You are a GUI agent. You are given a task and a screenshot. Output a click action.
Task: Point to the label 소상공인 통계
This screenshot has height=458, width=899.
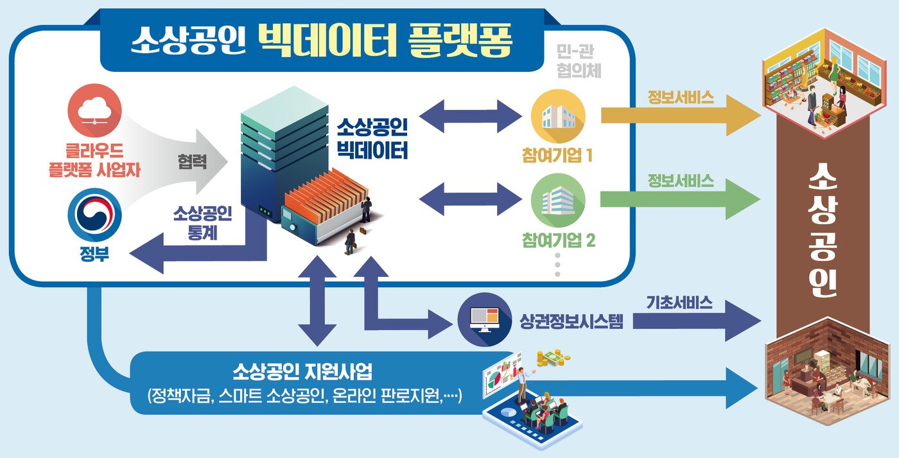click(x=202, y=223)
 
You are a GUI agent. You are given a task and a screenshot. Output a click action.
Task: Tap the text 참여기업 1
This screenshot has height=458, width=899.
click(x=558, y=156)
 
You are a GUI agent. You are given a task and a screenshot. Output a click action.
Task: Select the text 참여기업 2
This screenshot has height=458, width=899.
click(x=558, y=241)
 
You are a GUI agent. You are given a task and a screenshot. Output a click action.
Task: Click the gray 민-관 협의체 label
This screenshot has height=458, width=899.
click(x=579, y=62)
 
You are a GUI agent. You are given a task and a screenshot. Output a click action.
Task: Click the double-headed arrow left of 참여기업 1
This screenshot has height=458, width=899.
click(x=471, y=116)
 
